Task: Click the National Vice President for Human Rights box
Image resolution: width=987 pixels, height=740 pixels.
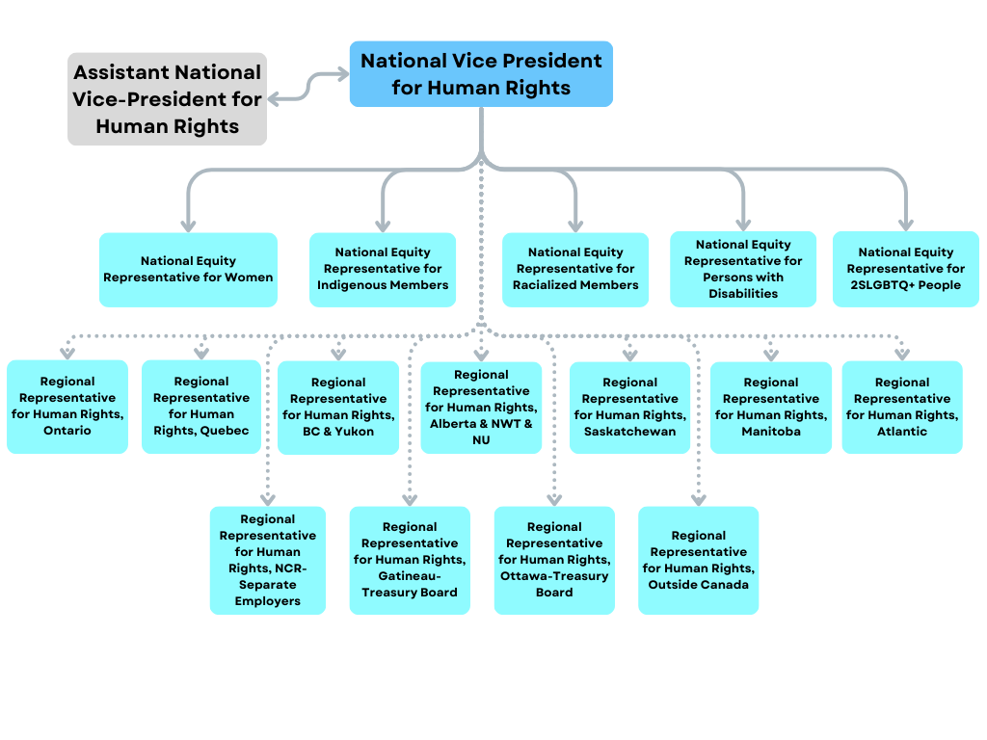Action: coord(481,74)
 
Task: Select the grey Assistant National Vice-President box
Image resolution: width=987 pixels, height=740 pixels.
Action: coord(167,99)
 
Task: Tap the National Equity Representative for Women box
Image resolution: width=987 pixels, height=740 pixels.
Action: coord(188,270)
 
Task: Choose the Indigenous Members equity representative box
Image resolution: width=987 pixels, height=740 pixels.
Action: coord(383,270)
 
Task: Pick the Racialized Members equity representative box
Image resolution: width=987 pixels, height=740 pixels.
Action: coord(575,270)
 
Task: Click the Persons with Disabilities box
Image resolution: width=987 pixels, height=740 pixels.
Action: coord(743,270)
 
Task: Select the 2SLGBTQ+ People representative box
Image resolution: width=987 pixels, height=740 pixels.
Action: coord(905,270)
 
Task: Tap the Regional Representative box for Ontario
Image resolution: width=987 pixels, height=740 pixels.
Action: coord(67,407)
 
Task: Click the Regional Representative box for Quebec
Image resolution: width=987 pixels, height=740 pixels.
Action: coord(201,407)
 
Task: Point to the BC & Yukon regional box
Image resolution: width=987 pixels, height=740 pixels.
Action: coord(338,408)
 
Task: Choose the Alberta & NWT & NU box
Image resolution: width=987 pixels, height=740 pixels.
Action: coord(481,408)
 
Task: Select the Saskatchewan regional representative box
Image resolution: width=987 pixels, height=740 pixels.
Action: coord(629,408)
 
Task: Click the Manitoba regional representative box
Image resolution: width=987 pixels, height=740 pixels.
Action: coord(771,408)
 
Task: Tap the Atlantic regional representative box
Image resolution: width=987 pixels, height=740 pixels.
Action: coord(902,408)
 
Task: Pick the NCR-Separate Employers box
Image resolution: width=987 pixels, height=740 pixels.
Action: coord(267,561)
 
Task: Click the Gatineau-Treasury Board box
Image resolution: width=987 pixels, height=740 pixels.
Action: coord(410,561)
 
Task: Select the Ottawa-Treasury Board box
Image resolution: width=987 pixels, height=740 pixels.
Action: coord(554,561)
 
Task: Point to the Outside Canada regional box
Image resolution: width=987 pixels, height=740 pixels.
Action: coord(699,561)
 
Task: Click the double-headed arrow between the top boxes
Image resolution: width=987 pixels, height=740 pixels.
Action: coord(308,86)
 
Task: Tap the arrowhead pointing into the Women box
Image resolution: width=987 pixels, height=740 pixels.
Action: coord(188,225)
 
